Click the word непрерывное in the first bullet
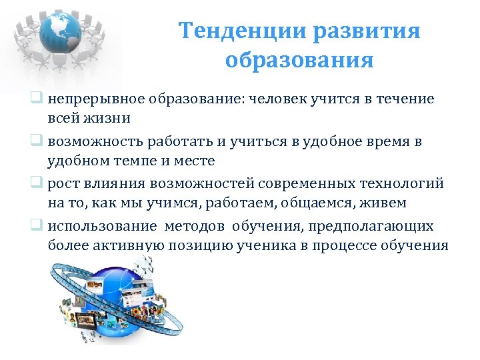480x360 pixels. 91,99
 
